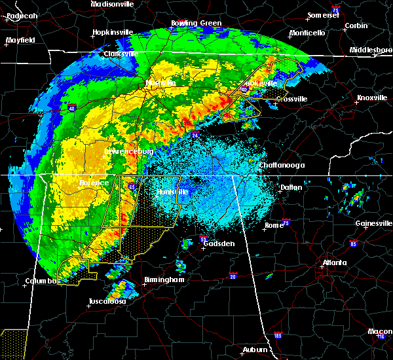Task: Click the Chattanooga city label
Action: pyautogui.click(x=282, y=166)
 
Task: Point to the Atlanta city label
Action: pyautogui.click(x=335, y=263)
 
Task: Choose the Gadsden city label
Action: pyautogui.click(x=218, y=243)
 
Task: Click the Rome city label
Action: pyautogui.click(x=274, y=225)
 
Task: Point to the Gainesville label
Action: pyautogui.click(x=374, y=223)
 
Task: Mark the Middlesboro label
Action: pyautogui.click(x=370, y=50)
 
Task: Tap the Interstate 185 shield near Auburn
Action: pyautogui.click(x=278, y=336)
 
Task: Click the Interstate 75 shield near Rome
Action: pyautogui.click(x=286, y=223)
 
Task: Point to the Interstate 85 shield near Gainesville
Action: pyautogui.click(x=354, y=244)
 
